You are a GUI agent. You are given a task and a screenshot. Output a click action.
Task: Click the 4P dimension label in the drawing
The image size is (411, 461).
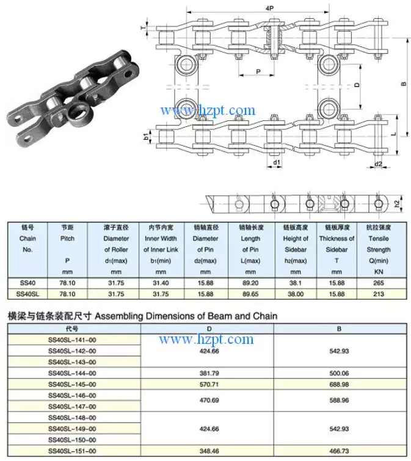click(x=269, y=8)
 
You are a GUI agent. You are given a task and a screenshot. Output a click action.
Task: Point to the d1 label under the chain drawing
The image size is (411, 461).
click(x=276, y=163)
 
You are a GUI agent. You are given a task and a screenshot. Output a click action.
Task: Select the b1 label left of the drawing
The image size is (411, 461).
click(x=147, y=137)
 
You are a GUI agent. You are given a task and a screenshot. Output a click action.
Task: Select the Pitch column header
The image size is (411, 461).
click(x=67, y=238)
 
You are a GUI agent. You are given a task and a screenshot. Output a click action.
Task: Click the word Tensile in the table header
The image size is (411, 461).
click(x=379, y=238)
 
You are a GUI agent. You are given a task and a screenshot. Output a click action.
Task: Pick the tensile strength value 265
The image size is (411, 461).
click(x=379, y=283)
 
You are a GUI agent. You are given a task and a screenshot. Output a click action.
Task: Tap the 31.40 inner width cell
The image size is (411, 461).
click(x=160, y=283)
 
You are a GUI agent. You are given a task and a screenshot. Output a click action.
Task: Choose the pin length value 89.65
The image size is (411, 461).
click(x=250, y=294)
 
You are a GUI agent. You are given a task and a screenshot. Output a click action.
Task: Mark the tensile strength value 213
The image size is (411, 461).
click(x=379, y=294)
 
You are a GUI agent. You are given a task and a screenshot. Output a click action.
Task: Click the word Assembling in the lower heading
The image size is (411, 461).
click(x=120, y=316)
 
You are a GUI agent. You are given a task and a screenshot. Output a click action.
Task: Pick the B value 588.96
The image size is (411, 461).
click(x=339, y=401)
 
